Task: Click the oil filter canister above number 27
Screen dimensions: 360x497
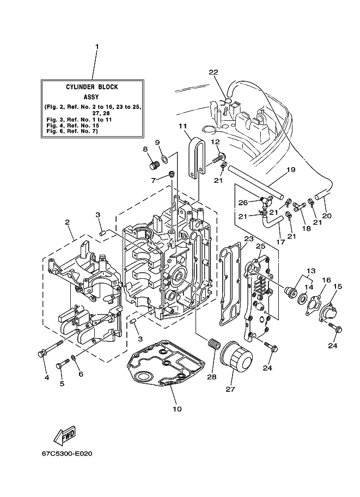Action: pyautogui.click(x=236, y=355)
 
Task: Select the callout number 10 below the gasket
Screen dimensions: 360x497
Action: pyautogui.click(x=178, y=409)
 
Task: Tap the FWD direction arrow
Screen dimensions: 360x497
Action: pyautogui.click(x=65, y=434)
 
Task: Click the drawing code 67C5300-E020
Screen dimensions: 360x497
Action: pyautogui.click(x=67, y=453)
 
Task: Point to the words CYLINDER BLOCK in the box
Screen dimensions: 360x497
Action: pyautogui.click(x=92, y=87)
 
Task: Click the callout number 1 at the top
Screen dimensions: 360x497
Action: pyautogui.click(x=97, y=47)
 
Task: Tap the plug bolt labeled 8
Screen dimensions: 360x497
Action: pyautogui.click(x=154, y=165)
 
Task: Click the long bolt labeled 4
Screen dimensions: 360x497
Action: pyautogui.click(x=51, y=348)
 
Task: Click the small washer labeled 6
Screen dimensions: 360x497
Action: pyautogui.click(x=74, y=358)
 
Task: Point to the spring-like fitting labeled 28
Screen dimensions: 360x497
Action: pyautogui.click(x=213, y=343)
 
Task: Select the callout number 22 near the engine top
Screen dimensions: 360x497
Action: pyautogui.click(x=213, y=72)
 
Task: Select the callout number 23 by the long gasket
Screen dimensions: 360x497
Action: pyautogui.click(x=249, y=238)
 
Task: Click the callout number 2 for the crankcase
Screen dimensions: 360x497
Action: pyautogui.click(x=67, y=222)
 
